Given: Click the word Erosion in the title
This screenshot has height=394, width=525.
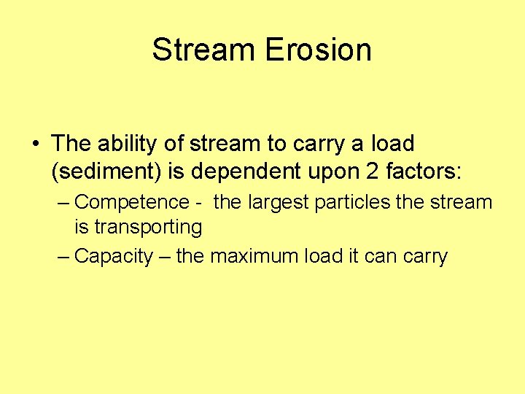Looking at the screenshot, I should click(x=318, y=50).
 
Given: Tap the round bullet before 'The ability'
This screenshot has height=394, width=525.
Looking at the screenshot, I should click(x=36, y=144).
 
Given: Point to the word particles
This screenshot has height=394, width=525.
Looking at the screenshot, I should click(x=353, y=202).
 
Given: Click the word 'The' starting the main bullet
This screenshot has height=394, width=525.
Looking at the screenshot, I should click(x=70, y=144).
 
